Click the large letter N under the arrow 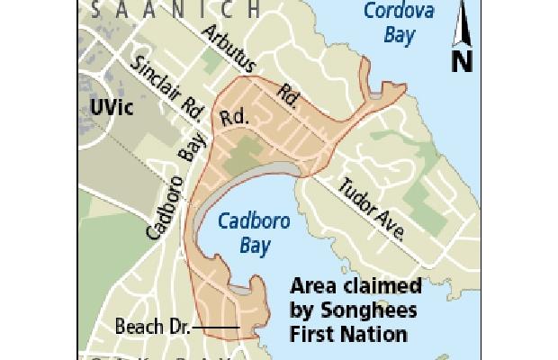pos(462,60)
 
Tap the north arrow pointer pos(462,22)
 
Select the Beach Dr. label pos(152,326)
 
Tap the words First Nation pos(348,333)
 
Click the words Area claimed pos(355,288)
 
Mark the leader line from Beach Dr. pos(214,326)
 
